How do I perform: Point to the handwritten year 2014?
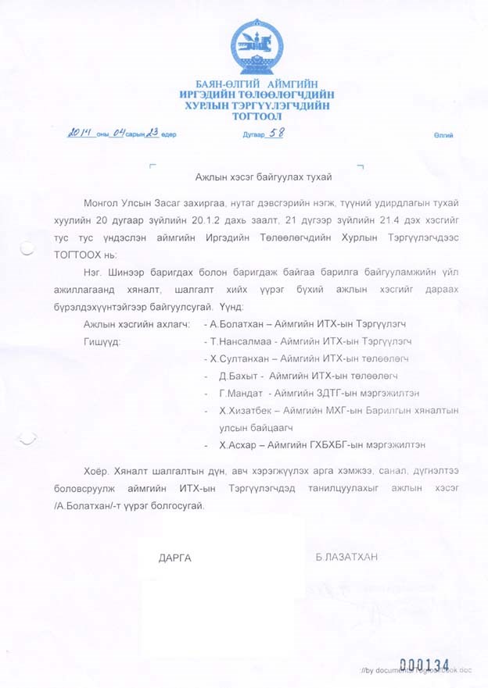point(81,134)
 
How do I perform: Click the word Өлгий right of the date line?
point(443,135)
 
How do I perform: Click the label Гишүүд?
point(102,341)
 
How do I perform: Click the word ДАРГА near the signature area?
point(174,558)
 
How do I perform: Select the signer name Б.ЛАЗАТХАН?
point(346,557)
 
